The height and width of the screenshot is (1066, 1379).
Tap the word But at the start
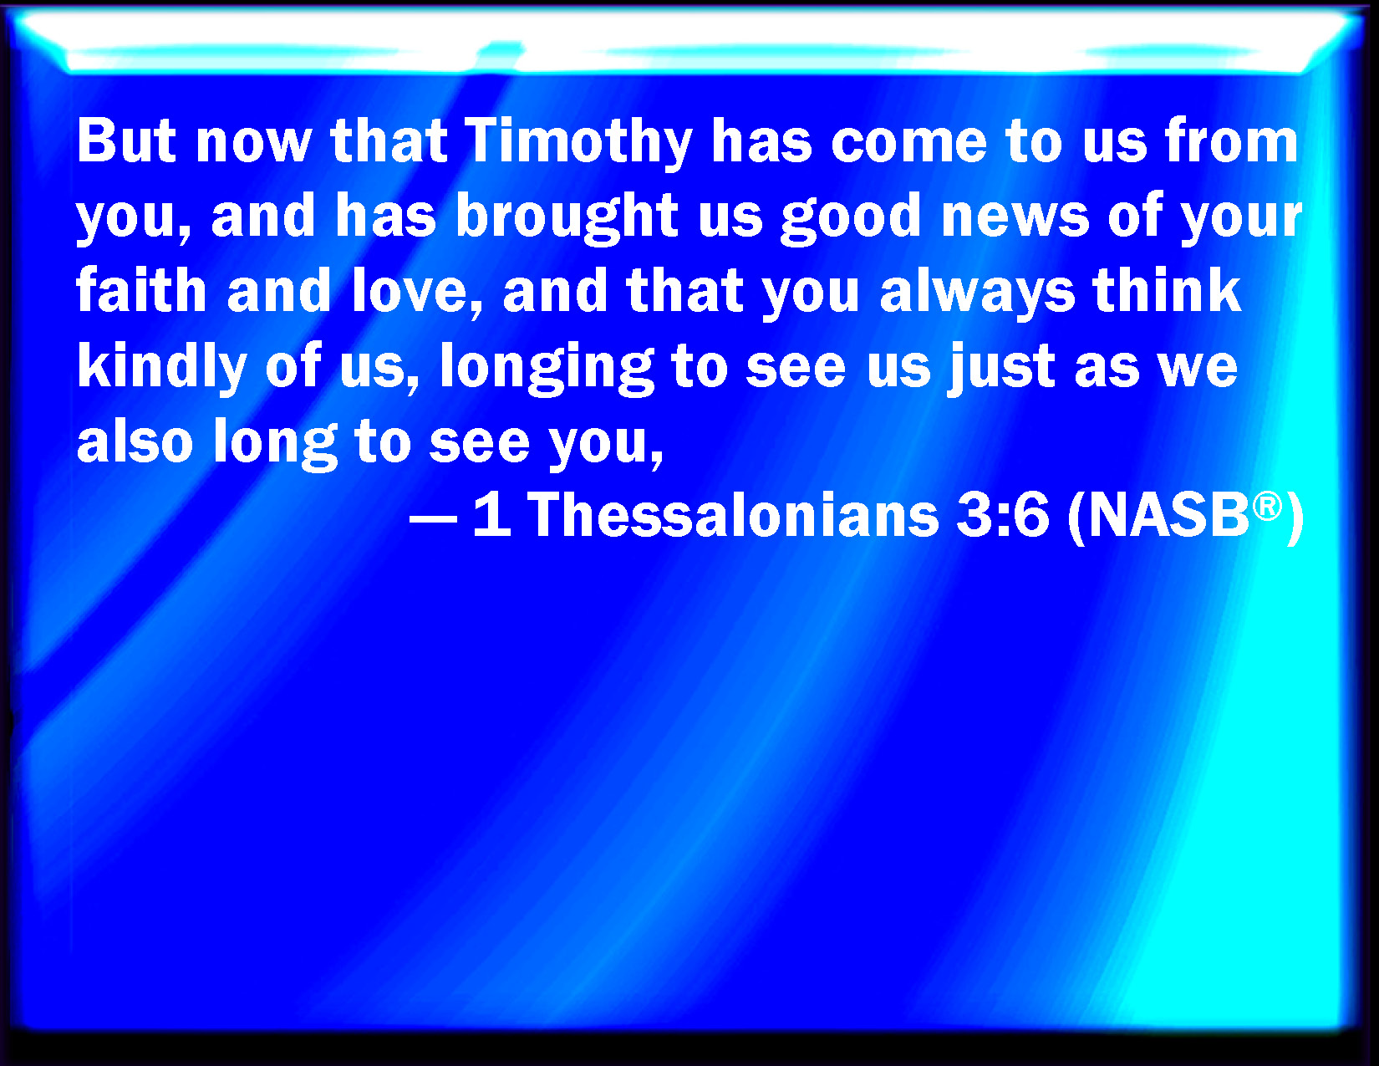point(126,141)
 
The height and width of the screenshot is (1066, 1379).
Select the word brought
point(567,217)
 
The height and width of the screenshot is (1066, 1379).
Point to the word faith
point(141,290)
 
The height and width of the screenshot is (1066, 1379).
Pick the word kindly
point(161,368)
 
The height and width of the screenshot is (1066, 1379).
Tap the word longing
point(547,368)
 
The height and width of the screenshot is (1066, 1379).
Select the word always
point(977,294)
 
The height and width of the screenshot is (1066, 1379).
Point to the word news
point(1015,217)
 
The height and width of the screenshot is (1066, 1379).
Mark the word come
point(908,145)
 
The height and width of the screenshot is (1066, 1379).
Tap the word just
point(1001,368)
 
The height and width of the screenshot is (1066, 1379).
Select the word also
point(135,440)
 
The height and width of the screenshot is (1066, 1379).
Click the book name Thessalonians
point(733,515)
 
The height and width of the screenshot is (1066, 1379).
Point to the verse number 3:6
point(1003,515)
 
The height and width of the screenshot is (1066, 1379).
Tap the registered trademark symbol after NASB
point(1267,507)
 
